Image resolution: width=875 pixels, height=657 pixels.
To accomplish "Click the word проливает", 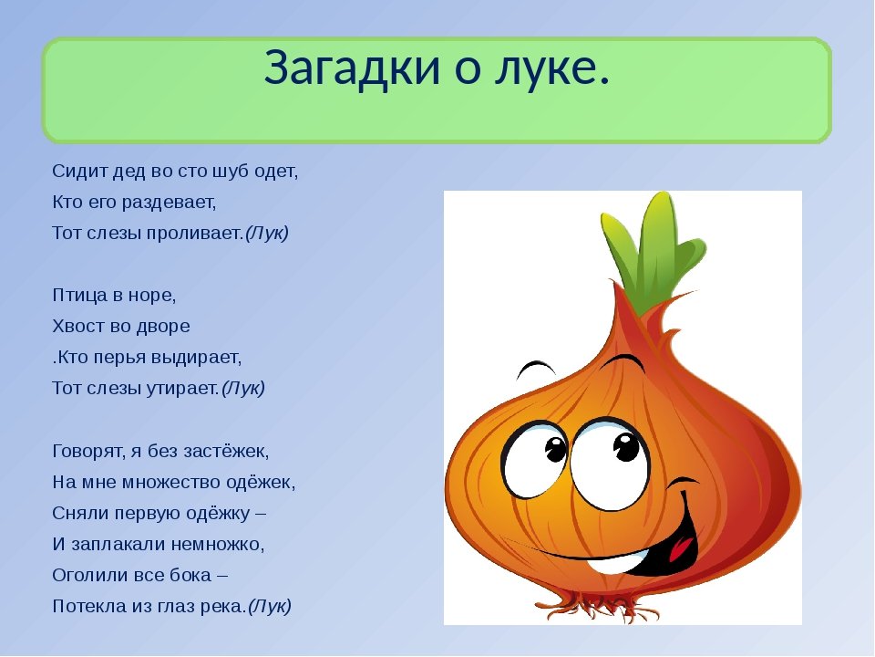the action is click(195, 233).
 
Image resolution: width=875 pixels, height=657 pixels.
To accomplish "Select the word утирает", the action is click(182, 388).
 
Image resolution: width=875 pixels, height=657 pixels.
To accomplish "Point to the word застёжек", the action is click(226, 450).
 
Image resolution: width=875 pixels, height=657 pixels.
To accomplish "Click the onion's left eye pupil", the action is click(555, 449).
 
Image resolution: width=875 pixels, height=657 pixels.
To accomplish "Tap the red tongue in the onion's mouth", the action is click(683, 546).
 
